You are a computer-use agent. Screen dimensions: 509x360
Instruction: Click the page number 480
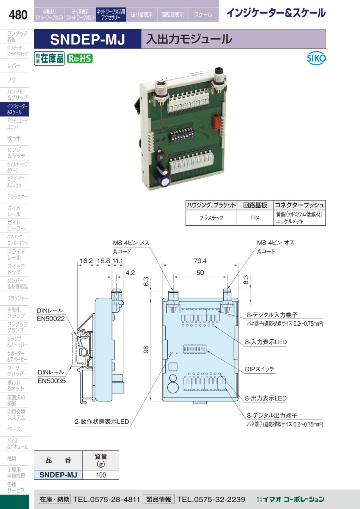pyautogui.click(x=18, y=15)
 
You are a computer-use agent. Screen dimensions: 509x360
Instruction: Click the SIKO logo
pyautogui.click(x=316, y=58)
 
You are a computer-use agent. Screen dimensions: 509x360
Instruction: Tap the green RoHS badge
pyautogui.click(x=80, y=58)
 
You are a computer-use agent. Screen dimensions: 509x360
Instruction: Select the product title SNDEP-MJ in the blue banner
pyautogui.click(x=88, y=39)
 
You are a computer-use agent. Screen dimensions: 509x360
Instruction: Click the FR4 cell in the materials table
pyautogui.click(x=255, y=218)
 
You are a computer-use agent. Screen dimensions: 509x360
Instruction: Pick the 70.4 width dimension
pyautogui.click(x=200, y=261)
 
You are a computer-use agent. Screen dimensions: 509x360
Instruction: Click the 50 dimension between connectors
pyautogui.click(x=200, y=273)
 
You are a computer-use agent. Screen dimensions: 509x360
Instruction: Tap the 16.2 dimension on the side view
pyautogui.click(x=86, y=261)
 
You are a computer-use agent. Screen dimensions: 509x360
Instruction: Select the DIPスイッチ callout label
pyautogui.click(x=260, y=369)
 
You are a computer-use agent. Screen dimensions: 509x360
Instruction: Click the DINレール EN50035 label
pyautogui.click(x=52, y=376)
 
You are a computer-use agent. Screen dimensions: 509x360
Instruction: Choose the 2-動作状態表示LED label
pyautogui.click(x=102, y=422)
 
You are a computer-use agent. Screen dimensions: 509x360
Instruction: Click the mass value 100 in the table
pyautogui.click(x=101, y=475)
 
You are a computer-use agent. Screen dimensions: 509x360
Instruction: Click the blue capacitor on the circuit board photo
pyautogui.click(x=164, y=179)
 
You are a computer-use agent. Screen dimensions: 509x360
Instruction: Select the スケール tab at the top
pyautogui.click(x=203, y=15)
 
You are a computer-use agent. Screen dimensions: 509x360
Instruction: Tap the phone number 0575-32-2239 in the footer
pyautogui.click(x=211, y=499)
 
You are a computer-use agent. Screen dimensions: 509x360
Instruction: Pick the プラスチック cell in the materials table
pyautogui.click(x=211, y=218)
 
